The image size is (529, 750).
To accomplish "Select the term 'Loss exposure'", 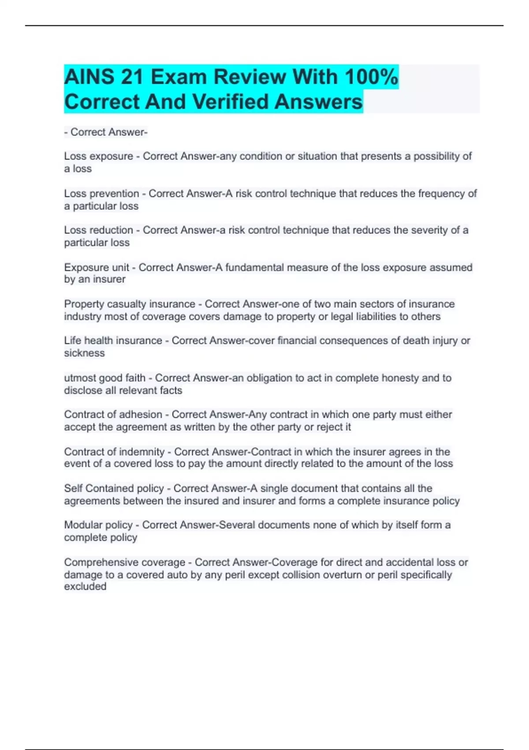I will point(98,156).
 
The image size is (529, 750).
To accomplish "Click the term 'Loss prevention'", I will point(101,194).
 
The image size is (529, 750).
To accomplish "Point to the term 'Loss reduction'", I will point(98,230).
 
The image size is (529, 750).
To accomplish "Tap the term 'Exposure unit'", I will point(97,267).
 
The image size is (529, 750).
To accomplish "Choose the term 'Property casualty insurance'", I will point(130,304).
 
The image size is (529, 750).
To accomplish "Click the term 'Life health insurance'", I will point(113,341).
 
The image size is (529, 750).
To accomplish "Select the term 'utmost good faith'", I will point(104,378).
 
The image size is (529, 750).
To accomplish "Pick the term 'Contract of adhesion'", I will point(113,415).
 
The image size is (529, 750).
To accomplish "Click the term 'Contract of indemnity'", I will point(114,452).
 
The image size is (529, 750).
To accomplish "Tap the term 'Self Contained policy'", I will point(114,488).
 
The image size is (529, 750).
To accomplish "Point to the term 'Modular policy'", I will point(98,525).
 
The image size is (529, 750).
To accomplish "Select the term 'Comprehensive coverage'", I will point(124,562).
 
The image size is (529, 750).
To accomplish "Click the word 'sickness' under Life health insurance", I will point(84,353).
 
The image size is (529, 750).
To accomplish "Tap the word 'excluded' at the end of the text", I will point(85,586).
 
